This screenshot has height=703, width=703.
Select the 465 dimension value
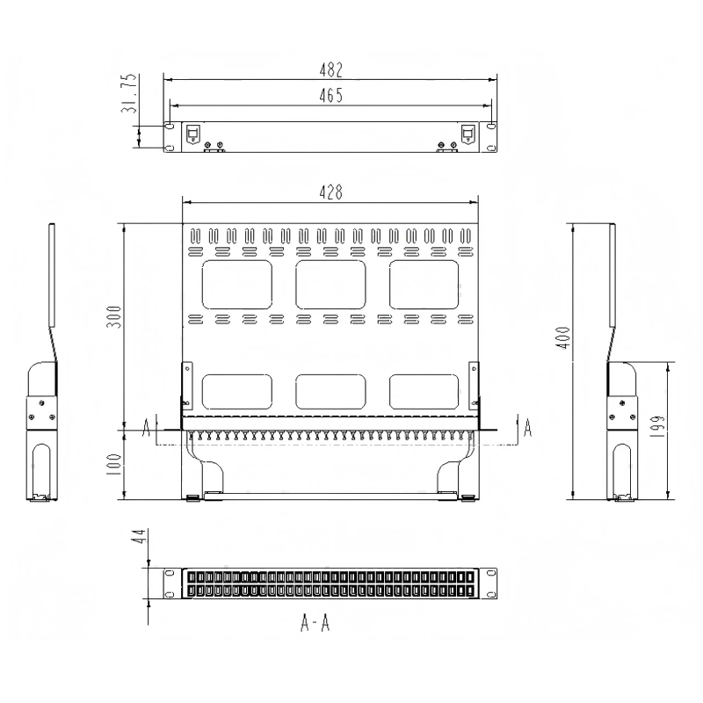point(330,95)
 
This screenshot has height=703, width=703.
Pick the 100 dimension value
point(113,464)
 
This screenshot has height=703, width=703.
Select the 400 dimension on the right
point(563,337)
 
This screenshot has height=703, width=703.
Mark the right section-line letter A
point(527,428)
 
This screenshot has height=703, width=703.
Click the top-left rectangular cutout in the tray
point(236,283)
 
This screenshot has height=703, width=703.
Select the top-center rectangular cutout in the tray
point(330,283)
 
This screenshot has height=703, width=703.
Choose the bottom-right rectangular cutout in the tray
point(424,391)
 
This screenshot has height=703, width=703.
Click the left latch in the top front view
point(193,134)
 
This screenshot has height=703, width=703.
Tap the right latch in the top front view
point(467,134)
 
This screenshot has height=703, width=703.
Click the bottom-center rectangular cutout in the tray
point(330,391)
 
